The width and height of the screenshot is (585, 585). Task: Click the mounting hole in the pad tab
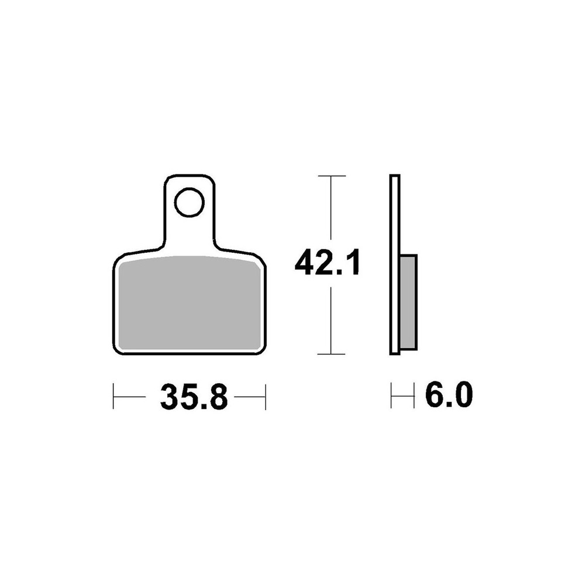point(189,202)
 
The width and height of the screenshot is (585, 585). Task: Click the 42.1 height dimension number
point(328,263)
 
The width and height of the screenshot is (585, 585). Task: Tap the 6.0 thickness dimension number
point(449,394)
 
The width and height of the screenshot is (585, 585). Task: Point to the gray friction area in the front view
point(189,304)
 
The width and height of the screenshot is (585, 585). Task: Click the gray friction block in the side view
point(408,302)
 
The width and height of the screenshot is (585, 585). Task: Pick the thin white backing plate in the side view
point(395,264)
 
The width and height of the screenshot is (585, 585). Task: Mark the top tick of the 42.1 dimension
point(331,175)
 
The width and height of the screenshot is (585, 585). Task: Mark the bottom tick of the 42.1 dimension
point(331,354)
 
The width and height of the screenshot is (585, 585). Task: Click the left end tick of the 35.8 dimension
point(113,396)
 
